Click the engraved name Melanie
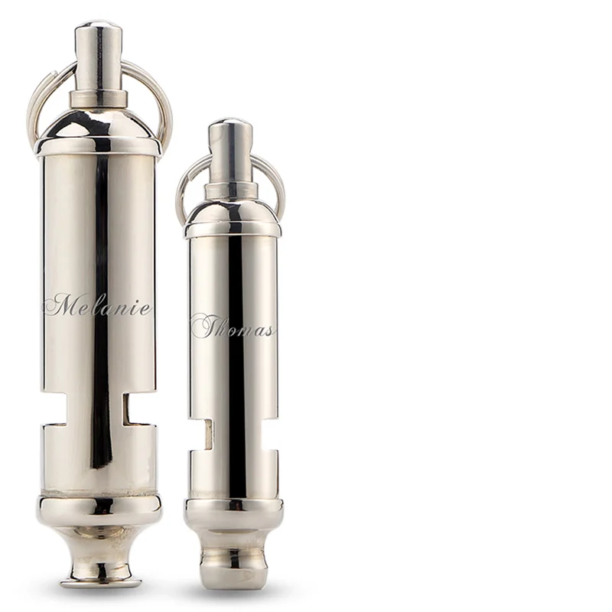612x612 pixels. pyautogui.click(x=97, y=304)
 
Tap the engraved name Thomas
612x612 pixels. pyautogui.click(x=233, y=327)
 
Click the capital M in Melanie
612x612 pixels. pyautogui.click(x=63, y=304)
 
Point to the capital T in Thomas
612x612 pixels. pyautogui.click(x=205, y=326)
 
